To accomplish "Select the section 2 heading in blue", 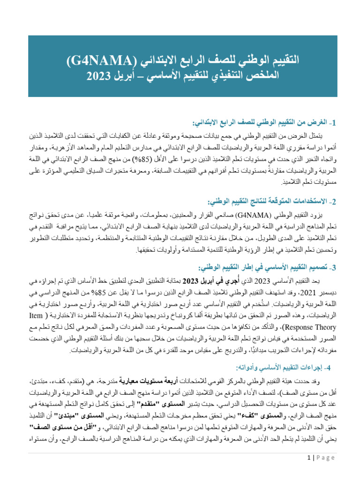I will (x=271, y=201).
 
